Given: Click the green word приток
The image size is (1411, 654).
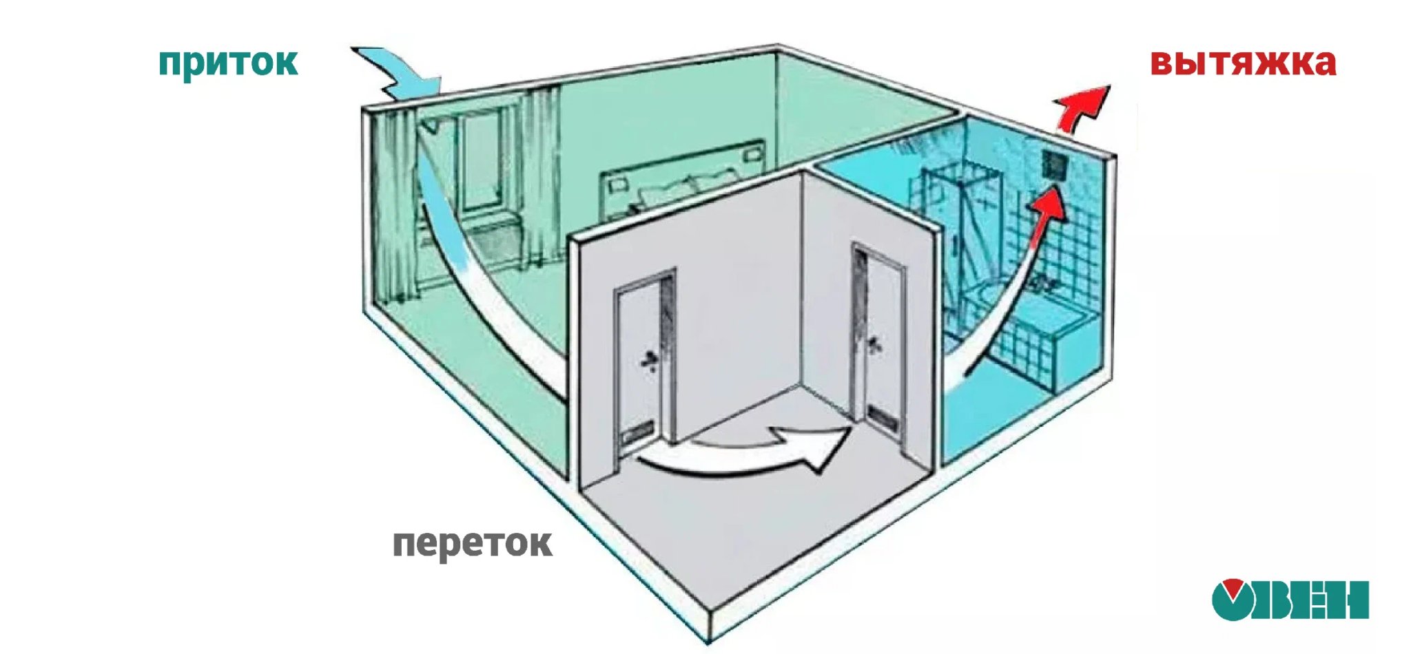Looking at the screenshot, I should (x=228, y=63).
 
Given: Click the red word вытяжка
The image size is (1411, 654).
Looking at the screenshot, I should (x=1243, y=63).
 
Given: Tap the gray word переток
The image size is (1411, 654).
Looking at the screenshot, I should (x=472, y=544).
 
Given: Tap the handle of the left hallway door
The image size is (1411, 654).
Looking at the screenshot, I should (x=650, y=360).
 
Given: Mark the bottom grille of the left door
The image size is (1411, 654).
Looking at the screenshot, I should (x=637, y=434).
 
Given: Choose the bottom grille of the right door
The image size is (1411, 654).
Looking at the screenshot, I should (x=880, y=415).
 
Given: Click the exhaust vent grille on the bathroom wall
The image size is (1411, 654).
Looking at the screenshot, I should (x=1054, y=165).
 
